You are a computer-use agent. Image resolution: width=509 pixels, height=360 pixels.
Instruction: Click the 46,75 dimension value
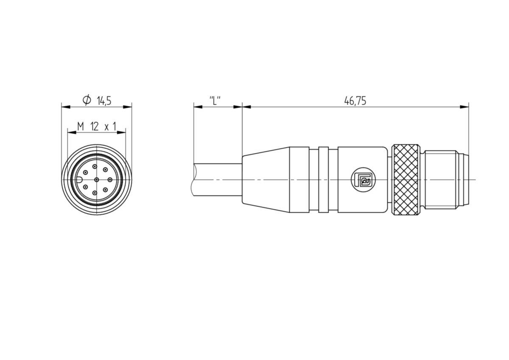tap(355, 101)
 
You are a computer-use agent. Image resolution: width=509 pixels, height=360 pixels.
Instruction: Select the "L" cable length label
tap(215, 101)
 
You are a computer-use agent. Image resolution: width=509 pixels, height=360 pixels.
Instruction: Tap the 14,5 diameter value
tap(104, 101)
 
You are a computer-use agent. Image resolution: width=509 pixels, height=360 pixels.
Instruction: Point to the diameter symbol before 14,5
tap(87, 100)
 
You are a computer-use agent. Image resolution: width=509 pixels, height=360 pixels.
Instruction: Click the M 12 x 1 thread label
tap(97, 127)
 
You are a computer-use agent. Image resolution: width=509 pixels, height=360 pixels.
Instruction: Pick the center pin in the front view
tap(97, 180)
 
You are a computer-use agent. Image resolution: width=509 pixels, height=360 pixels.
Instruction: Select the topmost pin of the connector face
tap(95, 167)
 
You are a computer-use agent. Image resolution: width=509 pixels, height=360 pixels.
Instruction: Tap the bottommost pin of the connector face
tap(95, 193)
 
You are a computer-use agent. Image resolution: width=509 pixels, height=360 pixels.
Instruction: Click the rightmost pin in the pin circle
tap(110, 180)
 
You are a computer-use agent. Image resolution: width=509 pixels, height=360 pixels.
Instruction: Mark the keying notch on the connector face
tap(79, 180)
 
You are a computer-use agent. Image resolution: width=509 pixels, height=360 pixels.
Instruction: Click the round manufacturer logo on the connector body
tap(364, 180)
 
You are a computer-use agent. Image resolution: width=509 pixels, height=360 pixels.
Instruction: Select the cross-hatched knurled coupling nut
tap(406, 180)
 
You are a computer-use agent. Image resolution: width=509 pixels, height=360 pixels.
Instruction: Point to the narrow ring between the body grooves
tap(323, 180)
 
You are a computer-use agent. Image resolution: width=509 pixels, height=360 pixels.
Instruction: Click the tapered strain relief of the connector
tap(266, 180)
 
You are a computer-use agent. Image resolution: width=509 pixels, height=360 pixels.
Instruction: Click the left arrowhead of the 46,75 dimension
tap(246, 107)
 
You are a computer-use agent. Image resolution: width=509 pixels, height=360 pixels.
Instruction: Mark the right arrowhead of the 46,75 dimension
tap(464, 107)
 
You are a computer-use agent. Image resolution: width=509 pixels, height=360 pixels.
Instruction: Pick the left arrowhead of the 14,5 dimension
tap(66, 107)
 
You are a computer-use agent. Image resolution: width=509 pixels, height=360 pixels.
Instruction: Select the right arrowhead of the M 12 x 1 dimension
tap(121, 132)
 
